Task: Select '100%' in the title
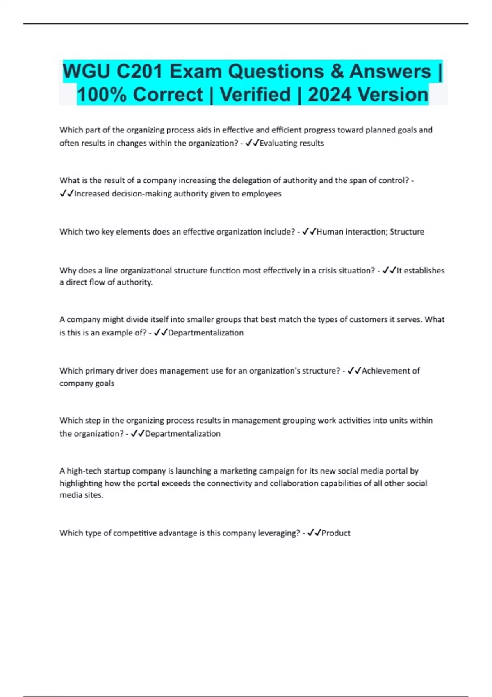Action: pyautogui.click(x=102, y=95)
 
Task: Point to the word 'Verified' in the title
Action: pyautogui.click(x=255, y=95)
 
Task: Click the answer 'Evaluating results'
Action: pyautogui.click(x=292, y=143)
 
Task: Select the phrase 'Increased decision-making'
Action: pyautogui.click(x=123, y=194)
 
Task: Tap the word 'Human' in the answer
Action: pyautogui.click(x=330, y=232)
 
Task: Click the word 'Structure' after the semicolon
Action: pyautogui.click(x=407, y=232)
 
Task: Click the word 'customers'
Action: pyautogui.click(x=367, y=319)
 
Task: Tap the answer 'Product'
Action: pyautogui.click(x=336, y=533)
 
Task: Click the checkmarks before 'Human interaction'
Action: pyautogui.click(x=309, y=232)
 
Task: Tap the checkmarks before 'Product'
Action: pyautogui.click(x=314, y=533)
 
